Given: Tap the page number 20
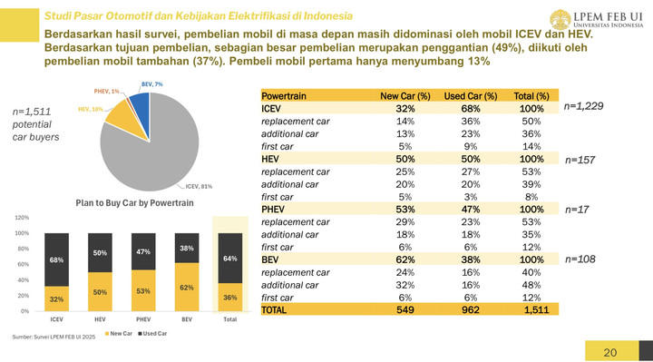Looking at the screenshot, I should pos(609,351).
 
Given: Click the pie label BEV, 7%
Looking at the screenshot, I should pos(152,83).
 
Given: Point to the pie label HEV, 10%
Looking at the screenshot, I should pos(90,109).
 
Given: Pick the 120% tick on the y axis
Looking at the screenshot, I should pos(23,218).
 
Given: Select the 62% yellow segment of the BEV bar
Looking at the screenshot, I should pos(186,287).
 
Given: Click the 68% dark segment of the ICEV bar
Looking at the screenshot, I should pos(56,259).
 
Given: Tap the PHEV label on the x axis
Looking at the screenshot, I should pos(142,319).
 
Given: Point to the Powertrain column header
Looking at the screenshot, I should pos(283,96).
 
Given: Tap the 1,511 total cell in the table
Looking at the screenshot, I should pos(536,310).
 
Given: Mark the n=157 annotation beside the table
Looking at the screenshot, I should pos(579,160).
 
